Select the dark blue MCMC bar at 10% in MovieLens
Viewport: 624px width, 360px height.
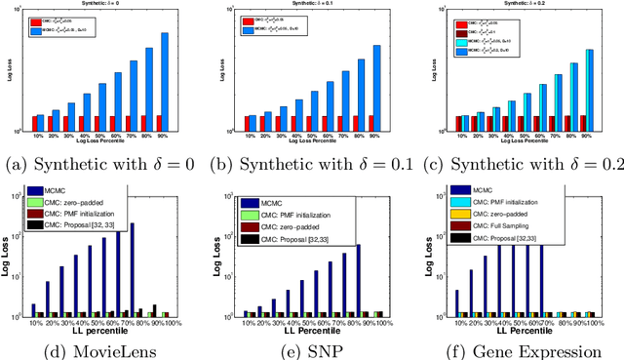[x=33, y=309]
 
